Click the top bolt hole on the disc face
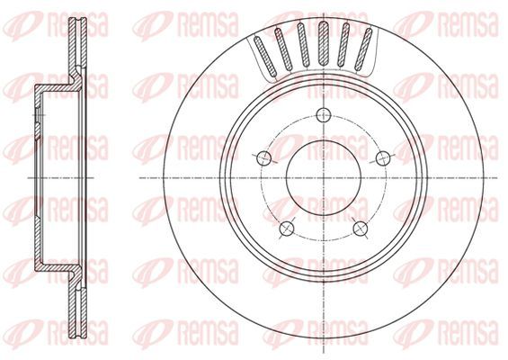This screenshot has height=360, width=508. click(x=324, y=115)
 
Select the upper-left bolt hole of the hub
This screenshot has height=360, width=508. click(x=263, y=158)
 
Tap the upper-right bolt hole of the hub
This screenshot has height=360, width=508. click(x=383, y=157)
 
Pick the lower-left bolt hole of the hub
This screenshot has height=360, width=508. click(x=287, y=229)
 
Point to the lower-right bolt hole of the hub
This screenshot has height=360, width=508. click(x=361, y=229)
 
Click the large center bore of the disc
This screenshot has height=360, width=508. click(x=324, y=178)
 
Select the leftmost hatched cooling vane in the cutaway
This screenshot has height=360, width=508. click(x=264, y=55)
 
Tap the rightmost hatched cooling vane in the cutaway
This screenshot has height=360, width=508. click(x=363, y=49)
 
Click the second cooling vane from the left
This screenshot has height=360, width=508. click(x=283, y=49)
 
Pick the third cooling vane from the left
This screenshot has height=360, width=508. click(x=302, y=45)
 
